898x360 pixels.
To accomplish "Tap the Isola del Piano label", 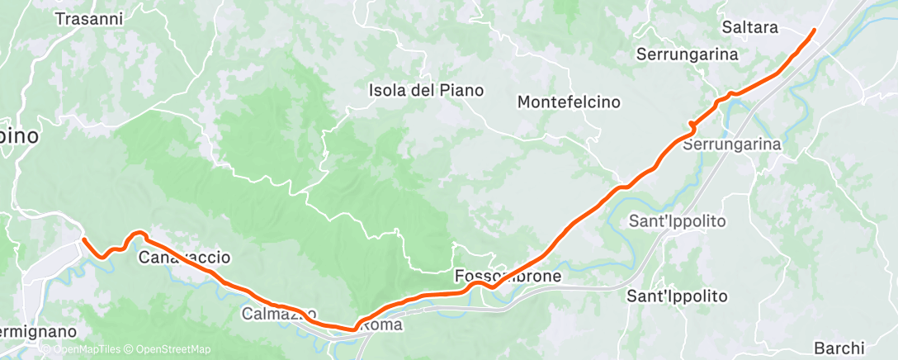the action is tap(426, 90).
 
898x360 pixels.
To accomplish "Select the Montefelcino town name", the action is tap(569, 102).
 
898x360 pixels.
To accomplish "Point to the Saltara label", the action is tap(749, 27).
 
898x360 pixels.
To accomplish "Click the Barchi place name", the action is tap(839, 348).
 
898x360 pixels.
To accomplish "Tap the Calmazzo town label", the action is tap(279, 314).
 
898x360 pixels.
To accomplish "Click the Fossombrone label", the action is tap(508, 276).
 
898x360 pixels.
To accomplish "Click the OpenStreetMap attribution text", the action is tap(168, 349).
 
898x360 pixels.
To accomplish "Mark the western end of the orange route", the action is tap(84, 240).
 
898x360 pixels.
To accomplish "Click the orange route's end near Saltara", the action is tap(814, 31).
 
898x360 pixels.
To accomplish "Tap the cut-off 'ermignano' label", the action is tap(38, 331).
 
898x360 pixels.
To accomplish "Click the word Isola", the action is tap(388, 90).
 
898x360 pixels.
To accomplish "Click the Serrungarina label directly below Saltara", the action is tap(687, 54).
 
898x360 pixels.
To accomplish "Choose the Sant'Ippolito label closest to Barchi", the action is tap(677, 296).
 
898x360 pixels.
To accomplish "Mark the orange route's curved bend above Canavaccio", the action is tap(137, 234).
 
